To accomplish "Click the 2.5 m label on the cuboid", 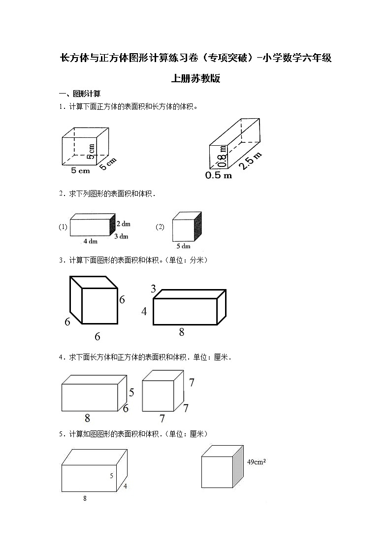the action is click(x=250, y=161).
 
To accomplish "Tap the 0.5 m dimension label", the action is click(x=219, y=175).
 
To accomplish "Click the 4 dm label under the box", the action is click(x=90, y=241).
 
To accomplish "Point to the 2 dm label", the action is click(x=124, y=224).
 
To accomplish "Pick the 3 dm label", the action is click(x=121, y=236).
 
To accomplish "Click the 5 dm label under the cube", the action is click(x=183, y=246).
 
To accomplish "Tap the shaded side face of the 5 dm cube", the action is click(x=197, y=227).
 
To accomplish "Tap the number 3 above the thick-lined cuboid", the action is click(x=153, y=289).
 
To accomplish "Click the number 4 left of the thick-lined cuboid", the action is click(x=144, y=311).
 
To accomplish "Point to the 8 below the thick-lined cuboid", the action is click(x=182, y=332).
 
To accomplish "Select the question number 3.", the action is click(x=61, y=260).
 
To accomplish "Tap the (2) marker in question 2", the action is click(x=160, y=227).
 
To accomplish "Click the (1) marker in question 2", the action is click(x=63, y=227).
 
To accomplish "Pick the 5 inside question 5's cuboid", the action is click(x=111, y=476).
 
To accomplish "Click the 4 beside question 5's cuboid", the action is click(x=125, y=487).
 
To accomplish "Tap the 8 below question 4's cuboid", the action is click(x=87, y=419).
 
